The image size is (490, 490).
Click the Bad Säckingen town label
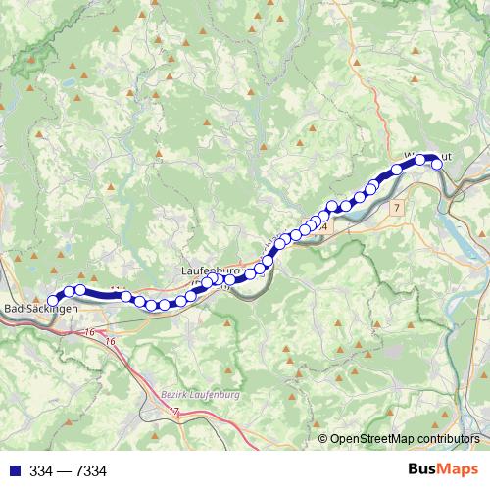(x=41, y=309)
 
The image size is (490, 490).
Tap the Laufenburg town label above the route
(x=211, y=268)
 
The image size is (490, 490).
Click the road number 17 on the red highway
(x=173, y=414)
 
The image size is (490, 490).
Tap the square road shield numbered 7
(x=396, y=209)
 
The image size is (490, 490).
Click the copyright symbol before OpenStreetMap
(x=323, y=439)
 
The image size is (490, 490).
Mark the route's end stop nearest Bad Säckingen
(x=55, y=300)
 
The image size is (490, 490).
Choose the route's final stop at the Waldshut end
(x=437, y=165)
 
